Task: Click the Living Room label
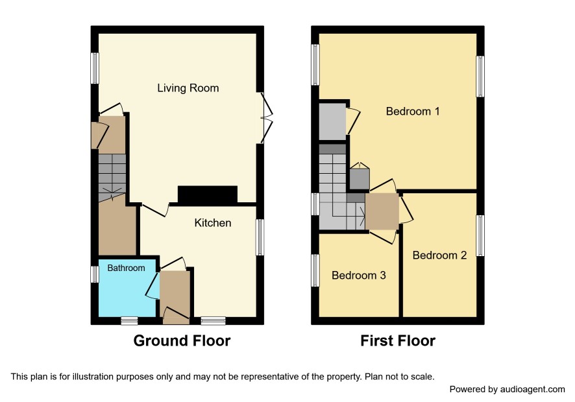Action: pyautogui.click(x=188, y=88)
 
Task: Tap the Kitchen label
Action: pyautogui.click(x=213, y=223)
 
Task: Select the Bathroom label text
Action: pyautogui.click(x=126, y=268)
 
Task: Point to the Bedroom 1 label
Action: pyautogui.click(x=413, y=111)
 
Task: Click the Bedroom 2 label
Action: pyautogui.click(x=439, y=255)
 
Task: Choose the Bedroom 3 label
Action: pyautogui.click(x=359, y=275)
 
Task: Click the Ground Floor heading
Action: pyautogui.click(x=182, y=341)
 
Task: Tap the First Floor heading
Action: pyautogui.click(x=398, y=341)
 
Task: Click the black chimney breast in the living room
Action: pyautogui.click(x=208, y=195)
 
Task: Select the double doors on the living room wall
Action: pyautogui.click(x=267, y=118)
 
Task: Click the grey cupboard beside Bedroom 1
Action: pyautogui.click(x=332, y=122)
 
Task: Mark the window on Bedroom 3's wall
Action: pyautogui.click(x=315, y=270)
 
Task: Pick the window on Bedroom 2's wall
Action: pyautogui.click(x=480, y=235)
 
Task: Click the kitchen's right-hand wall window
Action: pyautogui.click(x=260, y=237)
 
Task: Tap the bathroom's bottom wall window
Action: pyautogui.click(x=129, y=321)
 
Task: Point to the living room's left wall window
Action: pyautogui.click(x=95, y=68)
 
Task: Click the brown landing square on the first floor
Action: pyautogui.click(x=382, y=211)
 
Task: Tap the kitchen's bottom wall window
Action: pyautogui.click(x=213, y=321)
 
